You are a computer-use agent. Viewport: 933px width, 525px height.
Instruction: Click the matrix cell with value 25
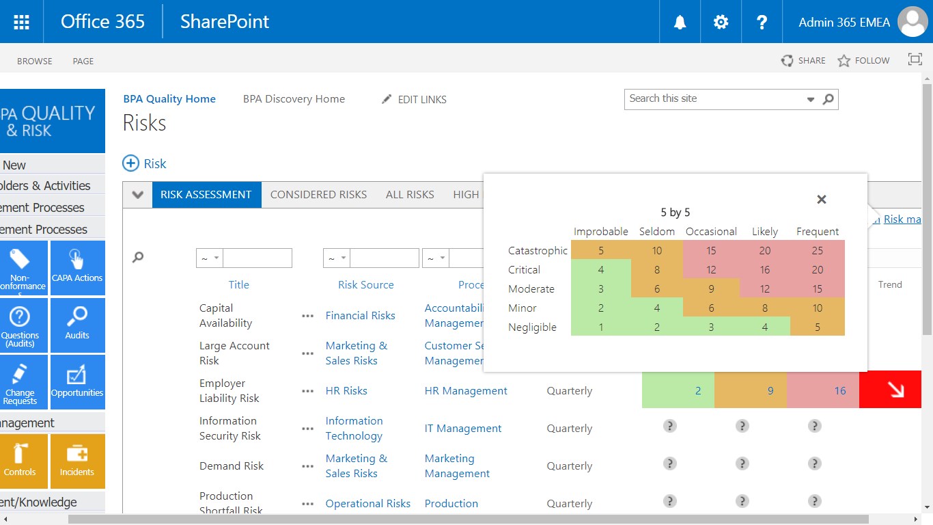[818, 250]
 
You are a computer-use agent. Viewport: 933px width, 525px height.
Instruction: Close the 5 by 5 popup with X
[822, 200]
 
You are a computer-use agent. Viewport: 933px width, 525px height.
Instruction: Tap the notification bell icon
[680, 22]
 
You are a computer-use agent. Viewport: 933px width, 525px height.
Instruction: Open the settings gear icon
[721, 22]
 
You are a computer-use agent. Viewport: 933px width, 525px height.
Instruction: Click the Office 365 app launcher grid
[21, 22]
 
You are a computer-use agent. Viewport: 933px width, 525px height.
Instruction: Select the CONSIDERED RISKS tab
[318, 195]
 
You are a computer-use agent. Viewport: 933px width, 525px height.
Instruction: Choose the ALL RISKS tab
[410, 195]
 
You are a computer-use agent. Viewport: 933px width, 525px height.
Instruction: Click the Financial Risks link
[360, 316]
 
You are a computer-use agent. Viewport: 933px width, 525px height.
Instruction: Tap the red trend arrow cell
[890, 390]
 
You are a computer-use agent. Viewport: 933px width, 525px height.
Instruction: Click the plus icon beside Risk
[130, 163]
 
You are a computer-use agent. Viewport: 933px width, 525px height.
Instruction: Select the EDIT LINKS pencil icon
[387, 100]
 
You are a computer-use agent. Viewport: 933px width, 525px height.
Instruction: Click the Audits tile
[77, 325]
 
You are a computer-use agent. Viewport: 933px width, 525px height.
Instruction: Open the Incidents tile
[77, 461]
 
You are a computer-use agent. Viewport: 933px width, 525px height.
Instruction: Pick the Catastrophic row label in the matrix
[538, 251]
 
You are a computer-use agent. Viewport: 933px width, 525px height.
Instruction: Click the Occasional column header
[711, 232]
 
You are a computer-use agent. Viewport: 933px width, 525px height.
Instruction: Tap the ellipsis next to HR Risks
[308, 391]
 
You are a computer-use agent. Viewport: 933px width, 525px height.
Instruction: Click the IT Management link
[463, 429]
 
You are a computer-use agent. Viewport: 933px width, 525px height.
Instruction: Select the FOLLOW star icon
[844, 61]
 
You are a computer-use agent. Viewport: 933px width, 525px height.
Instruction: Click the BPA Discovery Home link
[294, 99]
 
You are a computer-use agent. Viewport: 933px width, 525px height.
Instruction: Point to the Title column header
[238, 285]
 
